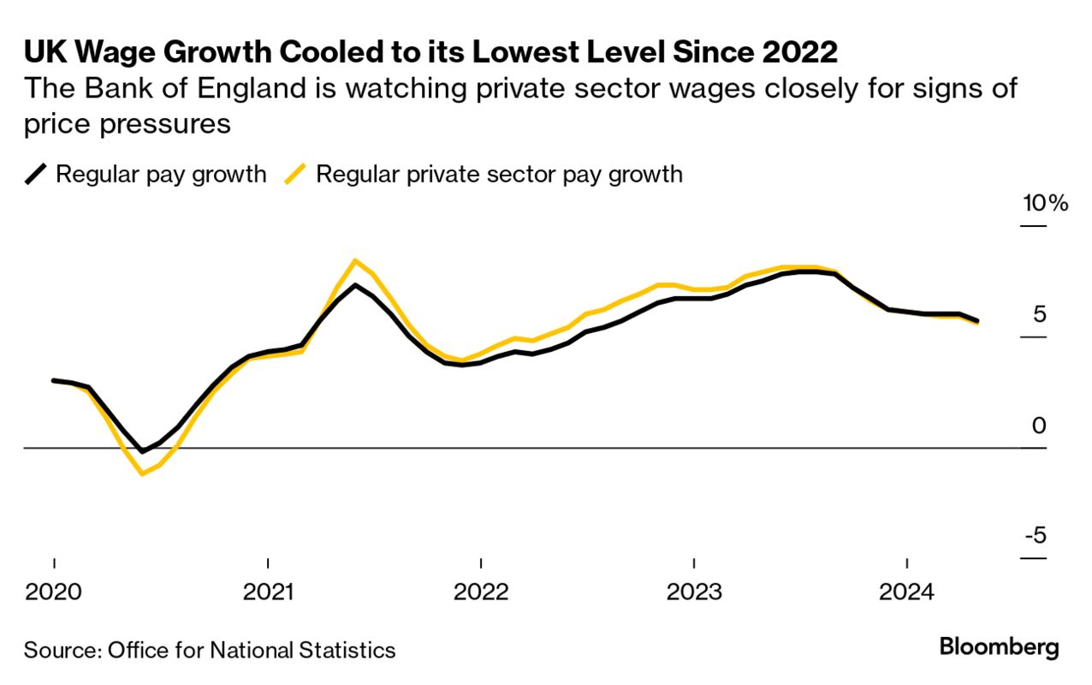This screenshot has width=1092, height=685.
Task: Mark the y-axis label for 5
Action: point(1039,314)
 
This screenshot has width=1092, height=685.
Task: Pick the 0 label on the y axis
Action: point(1039,425)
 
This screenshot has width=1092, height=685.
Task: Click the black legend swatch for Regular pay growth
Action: point(36,175)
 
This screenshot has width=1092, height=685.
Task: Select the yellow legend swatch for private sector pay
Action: point(296,175)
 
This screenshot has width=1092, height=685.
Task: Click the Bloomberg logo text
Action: point(999,647)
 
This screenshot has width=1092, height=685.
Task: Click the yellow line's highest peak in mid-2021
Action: point(355,260)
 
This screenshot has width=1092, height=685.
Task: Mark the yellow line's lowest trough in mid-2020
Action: point(141,474)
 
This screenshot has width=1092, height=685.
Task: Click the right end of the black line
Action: point(977,321)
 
